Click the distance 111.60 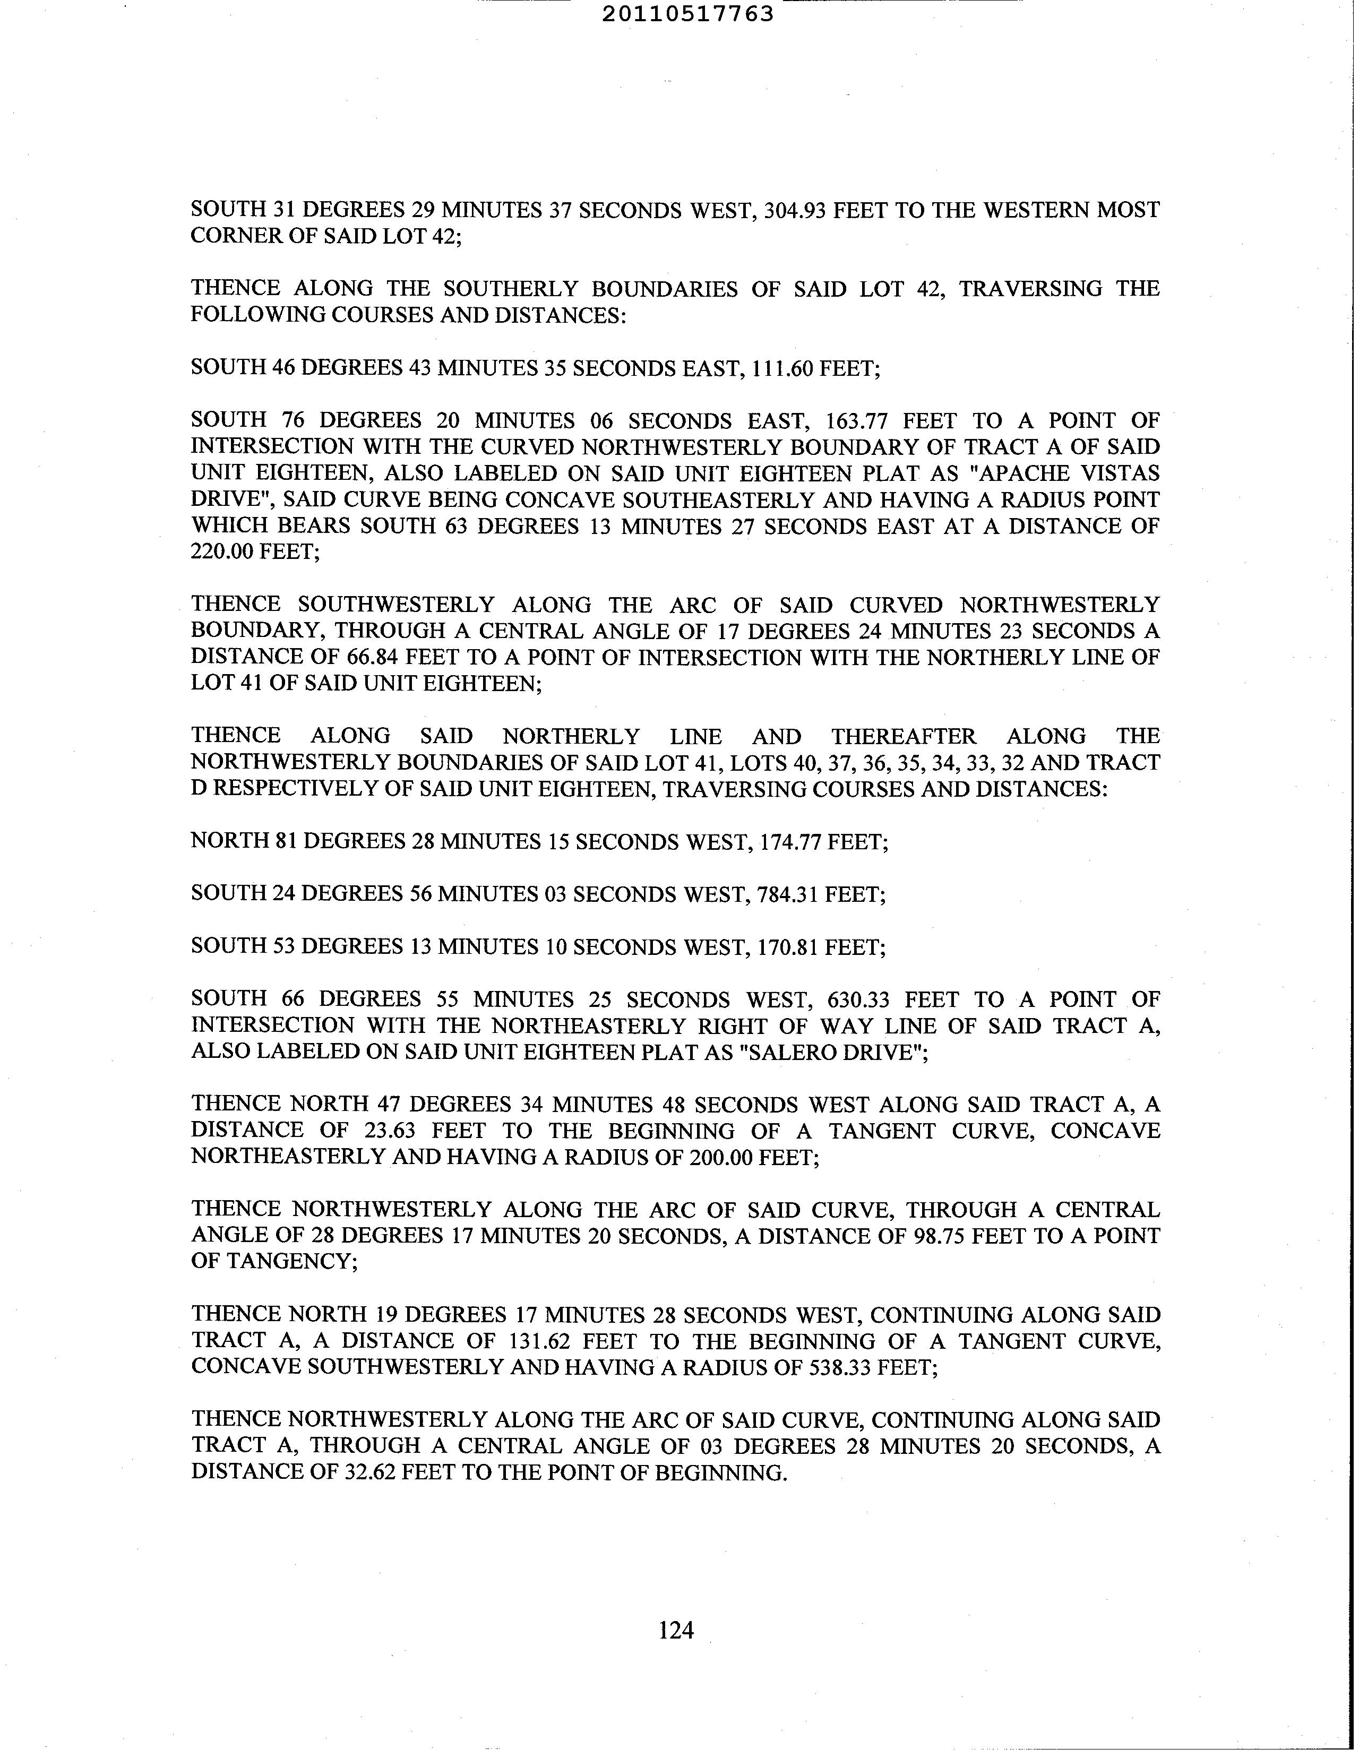782,369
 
